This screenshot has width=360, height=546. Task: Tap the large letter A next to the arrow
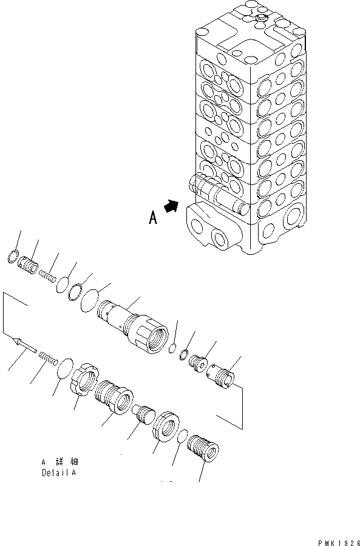153,218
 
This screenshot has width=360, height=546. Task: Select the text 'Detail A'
59,472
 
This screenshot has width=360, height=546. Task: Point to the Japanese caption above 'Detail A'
59,462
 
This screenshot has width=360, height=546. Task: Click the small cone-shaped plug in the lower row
144,416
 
